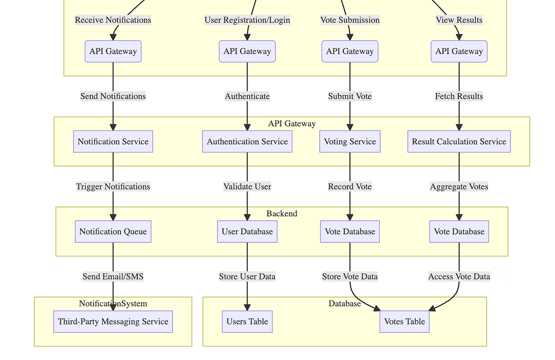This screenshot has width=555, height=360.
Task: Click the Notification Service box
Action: click(x=113, y=142)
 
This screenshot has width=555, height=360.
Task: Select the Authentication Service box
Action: click(x=247, y=142)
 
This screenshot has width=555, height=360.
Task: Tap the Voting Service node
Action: click(x=350, y=142)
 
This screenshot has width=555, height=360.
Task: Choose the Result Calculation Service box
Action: click(x=459, y=142)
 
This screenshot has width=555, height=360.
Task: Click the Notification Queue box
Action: click(x=113, y=232)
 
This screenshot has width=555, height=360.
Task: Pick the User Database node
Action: click(x=247, y=232)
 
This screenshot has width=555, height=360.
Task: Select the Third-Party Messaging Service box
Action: click(x=113, y=322)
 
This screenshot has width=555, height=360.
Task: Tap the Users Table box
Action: click(x=247, y=322)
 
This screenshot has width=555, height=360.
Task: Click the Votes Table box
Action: click(x=405, y=322)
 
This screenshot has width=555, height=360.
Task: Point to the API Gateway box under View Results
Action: click(x=459, y=51)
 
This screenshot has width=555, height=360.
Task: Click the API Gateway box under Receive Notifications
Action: click(x=113, y=51)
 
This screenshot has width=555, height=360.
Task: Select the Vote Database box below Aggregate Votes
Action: click(x=459, y=232)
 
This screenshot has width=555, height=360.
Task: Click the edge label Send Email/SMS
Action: click(x=113, y=277)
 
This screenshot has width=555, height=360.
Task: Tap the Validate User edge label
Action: click(x=247, y=187)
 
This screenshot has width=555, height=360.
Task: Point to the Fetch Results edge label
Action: click(x=459, y=96)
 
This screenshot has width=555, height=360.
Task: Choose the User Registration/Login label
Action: click(x=247, y=20)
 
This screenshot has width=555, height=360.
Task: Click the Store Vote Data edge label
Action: click(x=350, y=277)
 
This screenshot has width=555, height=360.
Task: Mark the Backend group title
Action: click(x=282, y=214)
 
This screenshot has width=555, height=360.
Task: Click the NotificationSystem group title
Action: click(x=113, y=304)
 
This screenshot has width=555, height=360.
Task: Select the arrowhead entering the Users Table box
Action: click(x=247, y=308)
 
